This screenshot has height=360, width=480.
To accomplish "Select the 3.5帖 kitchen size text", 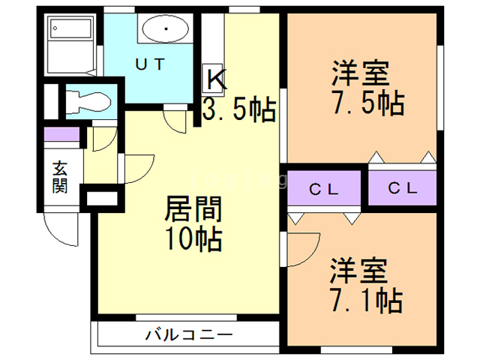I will (238, 110).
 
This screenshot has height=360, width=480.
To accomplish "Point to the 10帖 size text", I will (193, 240).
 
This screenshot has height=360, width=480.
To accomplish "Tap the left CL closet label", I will (325, 189).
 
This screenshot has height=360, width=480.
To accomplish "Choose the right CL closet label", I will (403, 189).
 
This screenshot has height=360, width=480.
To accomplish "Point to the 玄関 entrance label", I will (61, 177).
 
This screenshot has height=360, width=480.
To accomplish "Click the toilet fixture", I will (86, 101).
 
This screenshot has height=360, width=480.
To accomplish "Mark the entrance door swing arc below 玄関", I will (60, 229).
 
